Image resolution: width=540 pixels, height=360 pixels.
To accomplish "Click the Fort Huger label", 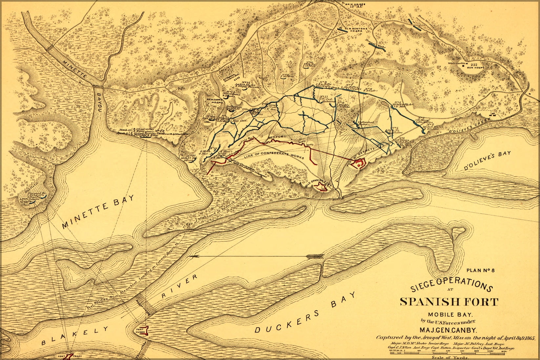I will pyautogui.click(x=140, y=331).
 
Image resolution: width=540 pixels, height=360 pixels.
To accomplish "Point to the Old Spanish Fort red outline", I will pyautogui.click(x=320, y=187).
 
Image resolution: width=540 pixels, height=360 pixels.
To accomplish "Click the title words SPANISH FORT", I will pyautogui.click(x=449, y=301).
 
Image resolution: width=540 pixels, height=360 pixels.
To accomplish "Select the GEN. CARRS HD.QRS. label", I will pyautogui.click(x=215, y=100).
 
